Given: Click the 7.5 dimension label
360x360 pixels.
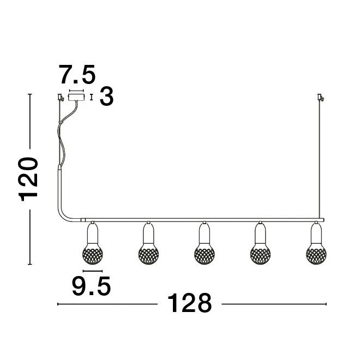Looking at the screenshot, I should [x=77, y=75].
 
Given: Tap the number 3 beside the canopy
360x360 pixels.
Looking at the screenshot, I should [x=107, y=97].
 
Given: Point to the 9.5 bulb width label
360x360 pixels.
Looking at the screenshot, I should [x=92, y=286].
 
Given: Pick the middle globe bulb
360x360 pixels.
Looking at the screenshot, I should [x=204, y=251].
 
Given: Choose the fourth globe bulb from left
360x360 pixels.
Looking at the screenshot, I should [x=260, y=251].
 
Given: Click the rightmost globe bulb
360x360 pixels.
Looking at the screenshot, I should [x=316, y=251].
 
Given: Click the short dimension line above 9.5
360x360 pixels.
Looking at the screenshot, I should [x=92, y=271].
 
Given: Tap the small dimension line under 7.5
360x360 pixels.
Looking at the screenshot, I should [x=76, y=90].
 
